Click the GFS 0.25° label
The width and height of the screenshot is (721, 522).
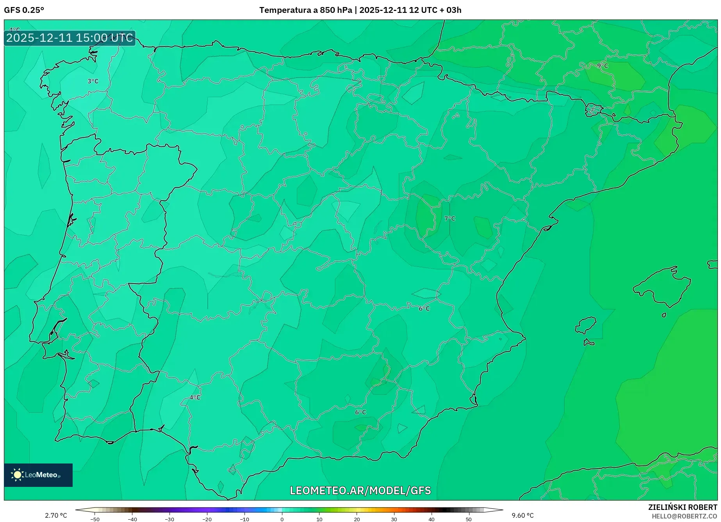point(24,10)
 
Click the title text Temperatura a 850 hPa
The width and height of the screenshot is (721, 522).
point(306,10)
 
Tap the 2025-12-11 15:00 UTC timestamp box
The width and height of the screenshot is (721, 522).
point(70,38)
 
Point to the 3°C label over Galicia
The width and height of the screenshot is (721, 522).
point(93,81)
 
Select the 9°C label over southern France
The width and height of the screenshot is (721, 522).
point(602,66)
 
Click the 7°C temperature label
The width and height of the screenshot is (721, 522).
point(450,218)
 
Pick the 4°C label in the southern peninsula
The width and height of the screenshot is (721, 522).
point(195,398)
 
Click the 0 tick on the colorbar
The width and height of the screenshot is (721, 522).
point(282,519)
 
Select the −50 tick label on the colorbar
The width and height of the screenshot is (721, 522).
point(95,519)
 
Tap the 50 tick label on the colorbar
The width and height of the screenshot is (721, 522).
point(469,519)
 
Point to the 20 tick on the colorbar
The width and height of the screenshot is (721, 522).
point(357,519)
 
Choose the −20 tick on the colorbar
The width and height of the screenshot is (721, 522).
point(207,519)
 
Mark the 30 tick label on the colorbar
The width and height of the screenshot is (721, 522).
point(394,519)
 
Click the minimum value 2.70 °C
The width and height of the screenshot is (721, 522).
point(56,515)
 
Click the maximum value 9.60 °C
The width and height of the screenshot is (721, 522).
point(523,515)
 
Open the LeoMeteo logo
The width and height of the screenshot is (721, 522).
point(38,475)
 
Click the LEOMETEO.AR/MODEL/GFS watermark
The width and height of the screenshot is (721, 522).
point(360,490)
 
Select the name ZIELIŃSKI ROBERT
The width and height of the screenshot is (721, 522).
point(682,507)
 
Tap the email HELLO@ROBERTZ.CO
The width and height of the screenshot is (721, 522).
point(684,516)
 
